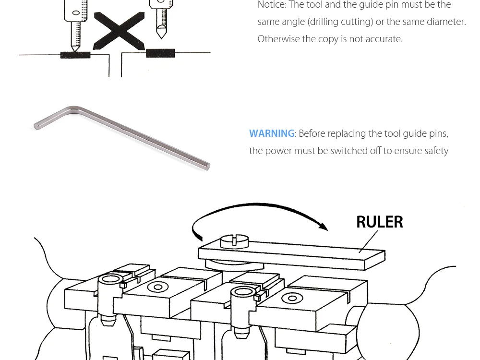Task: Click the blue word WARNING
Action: click(x=272, y=133)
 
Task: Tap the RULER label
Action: click(x=379, y=222)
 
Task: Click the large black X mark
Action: click(x=119, y=31)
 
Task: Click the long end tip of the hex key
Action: click(x=207, y=166)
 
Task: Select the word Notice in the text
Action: click(x=271, y=5)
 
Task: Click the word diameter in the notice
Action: click(x=444, y=22)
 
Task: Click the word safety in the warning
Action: click(x=436, y=151)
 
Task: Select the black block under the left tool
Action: click(x=75, y=55)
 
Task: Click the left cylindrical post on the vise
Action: click(x=109, y=298)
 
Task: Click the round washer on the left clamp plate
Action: click(x=156, y=287)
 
